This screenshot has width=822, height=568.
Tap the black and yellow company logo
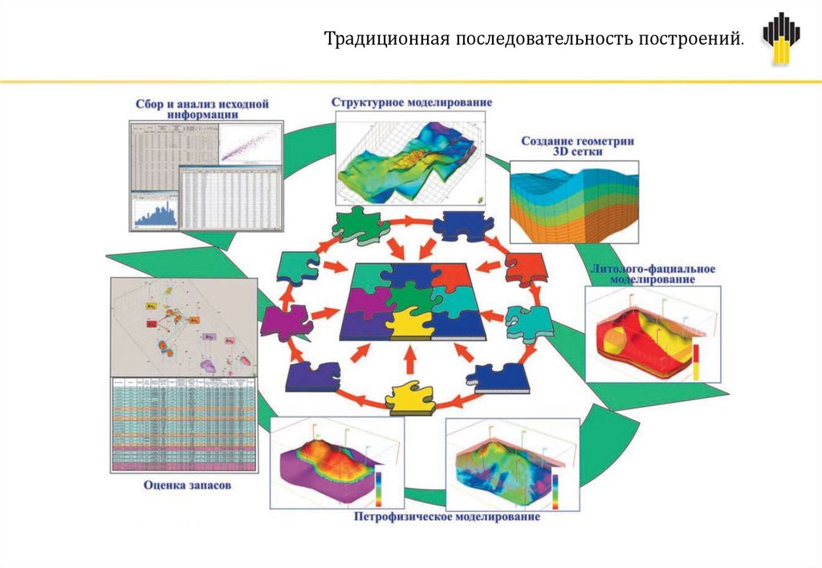[780, 39]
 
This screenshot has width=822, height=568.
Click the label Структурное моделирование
[412, 103]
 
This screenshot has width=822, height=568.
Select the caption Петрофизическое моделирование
[447, 516]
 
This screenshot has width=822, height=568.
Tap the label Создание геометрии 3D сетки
[578, 146]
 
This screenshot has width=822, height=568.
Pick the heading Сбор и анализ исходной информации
[202, 109]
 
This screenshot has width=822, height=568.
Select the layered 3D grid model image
[574, 201]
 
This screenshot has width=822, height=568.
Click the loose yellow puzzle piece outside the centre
[410, 398]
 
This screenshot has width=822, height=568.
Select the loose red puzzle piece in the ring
[525, 270]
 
